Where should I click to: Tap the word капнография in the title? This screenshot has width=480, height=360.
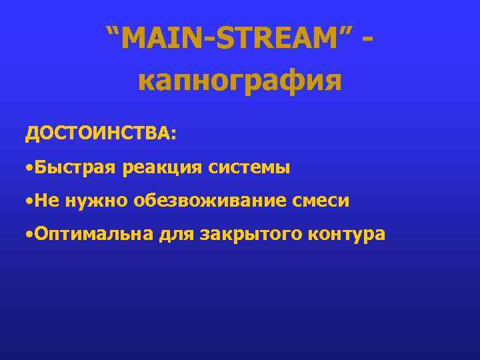(x=239, y=81)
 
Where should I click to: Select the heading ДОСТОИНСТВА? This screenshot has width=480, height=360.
(x=101, y=132)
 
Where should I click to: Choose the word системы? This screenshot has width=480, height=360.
(x=249, y=167)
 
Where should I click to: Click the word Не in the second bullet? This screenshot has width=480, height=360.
(x=47, y=201)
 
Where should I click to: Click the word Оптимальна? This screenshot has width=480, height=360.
(x=93, y=235)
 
